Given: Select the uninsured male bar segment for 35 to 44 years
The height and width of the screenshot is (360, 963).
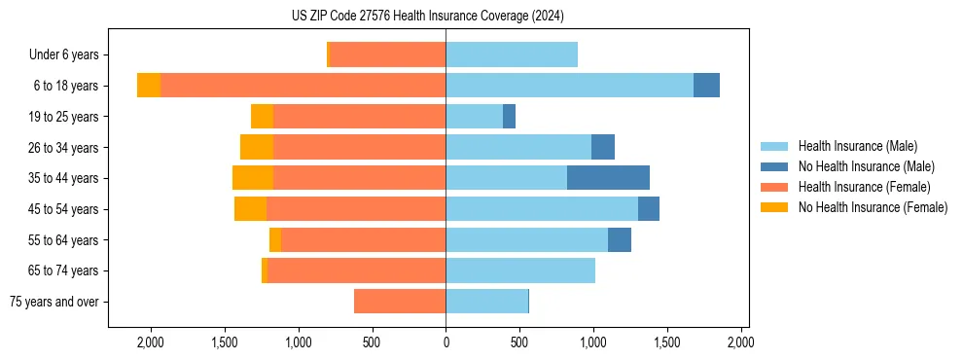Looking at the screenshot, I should pos(608,177).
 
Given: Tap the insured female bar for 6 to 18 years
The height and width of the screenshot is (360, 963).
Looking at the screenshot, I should pos(303,85).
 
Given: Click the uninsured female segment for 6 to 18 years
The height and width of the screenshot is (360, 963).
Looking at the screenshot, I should pos(149,85).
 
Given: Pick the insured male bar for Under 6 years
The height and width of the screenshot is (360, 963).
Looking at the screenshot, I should pos(512,54).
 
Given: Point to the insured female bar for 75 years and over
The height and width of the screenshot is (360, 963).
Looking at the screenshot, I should pos(400,302).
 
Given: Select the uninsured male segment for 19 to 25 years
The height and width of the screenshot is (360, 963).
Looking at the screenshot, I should pos(509,116).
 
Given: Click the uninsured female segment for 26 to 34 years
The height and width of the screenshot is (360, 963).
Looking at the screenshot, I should pos(257,147).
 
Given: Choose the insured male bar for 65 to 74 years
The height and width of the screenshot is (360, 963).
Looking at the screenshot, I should pos(520,270).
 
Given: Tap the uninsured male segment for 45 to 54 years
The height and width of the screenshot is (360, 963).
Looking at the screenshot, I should pos(649,208).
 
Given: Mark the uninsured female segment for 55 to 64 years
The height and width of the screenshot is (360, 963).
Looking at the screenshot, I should pos(275,239).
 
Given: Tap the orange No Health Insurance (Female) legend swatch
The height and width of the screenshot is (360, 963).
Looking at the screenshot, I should pos(775,207).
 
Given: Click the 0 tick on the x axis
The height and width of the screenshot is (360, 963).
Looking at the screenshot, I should pos(446,342).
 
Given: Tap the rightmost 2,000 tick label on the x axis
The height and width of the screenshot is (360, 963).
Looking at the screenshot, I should pos(740,342).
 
